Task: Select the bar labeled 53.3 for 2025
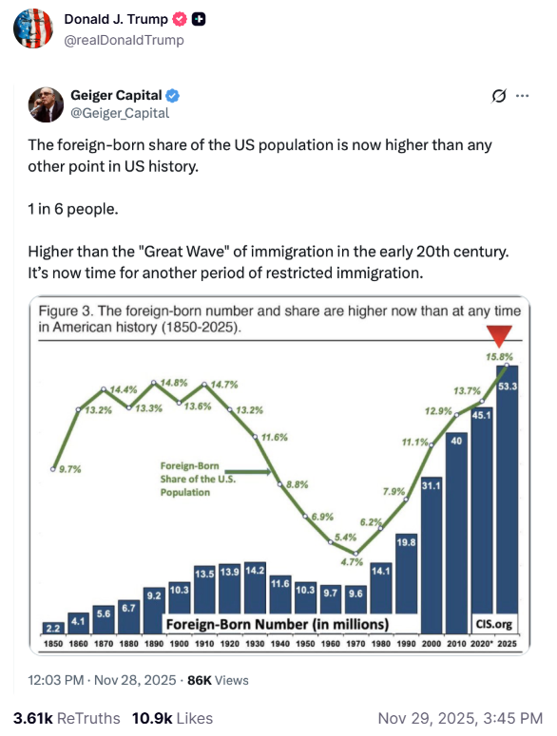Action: coord(508,503)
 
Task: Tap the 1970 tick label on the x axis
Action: coord(355,645)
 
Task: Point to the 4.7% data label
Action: coord(352,561)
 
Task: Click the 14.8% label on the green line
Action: coord(175,382)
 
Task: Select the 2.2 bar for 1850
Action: coord(53,628)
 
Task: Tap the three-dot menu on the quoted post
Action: coord(521,96)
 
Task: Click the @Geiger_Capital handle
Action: coord(119,113)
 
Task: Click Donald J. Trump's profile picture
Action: coord(33,29)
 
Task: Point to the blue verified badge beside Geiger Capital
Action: coord(175,96)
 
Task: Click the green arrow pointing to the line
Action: coord(249,470)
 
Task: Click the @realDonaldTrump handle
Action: coord(124,40)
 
